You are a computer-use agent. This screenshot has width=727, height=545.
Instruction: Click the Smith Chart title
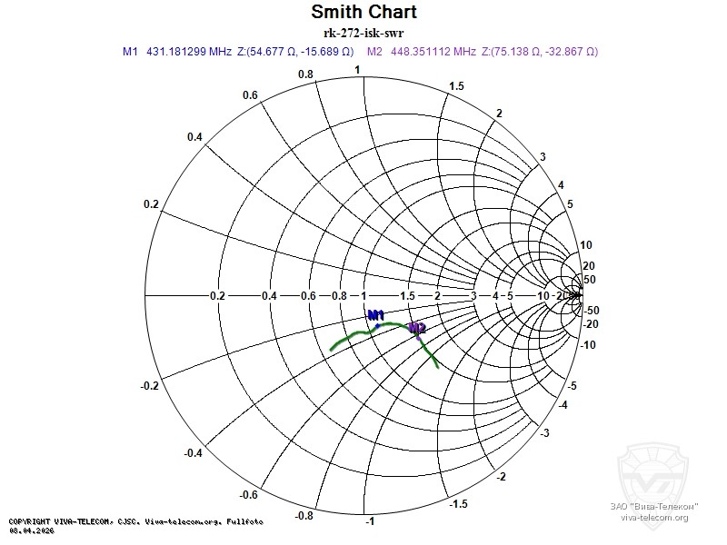[363, 12]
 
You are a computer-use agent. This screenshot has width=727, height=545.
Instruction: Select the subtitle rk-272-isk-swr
[363, 34]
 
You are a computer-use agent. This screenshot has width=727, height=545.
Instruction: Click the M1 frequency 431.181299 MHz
[189, 52]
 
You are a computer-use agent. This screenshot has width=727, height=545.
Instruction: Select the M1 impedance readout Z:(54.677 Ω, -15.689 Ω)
[295, 52]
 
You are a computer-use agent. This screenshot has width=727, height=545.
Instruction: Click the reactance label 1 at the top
[357, 70]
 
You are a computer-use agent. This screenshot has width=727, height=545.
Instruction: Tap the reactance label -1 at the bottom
[370, 521]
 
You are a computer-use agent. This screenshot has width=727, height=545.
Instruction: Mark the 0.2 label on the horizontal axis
[217, 296]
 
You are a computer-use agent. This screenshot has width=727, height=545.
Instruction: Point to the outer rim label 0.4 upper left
[169, 136]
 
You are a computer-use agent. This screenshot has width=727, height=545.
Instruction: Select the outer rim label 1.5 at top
[457, 85]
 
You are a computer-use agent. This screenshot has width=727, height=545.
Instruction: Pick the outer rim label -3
[543, 433]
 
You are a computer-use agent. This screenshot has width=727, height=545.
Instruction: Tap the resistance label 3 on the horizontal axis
[473, 296]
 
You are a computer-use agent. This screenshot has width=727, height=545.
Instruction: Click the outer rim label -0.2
[151, 386]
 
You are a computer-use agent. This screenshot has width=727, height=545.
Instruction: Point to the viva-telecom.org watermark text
[654, 518]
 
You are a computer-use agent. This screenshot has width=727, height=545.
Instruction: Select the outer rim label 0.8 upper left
[305, 74]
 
